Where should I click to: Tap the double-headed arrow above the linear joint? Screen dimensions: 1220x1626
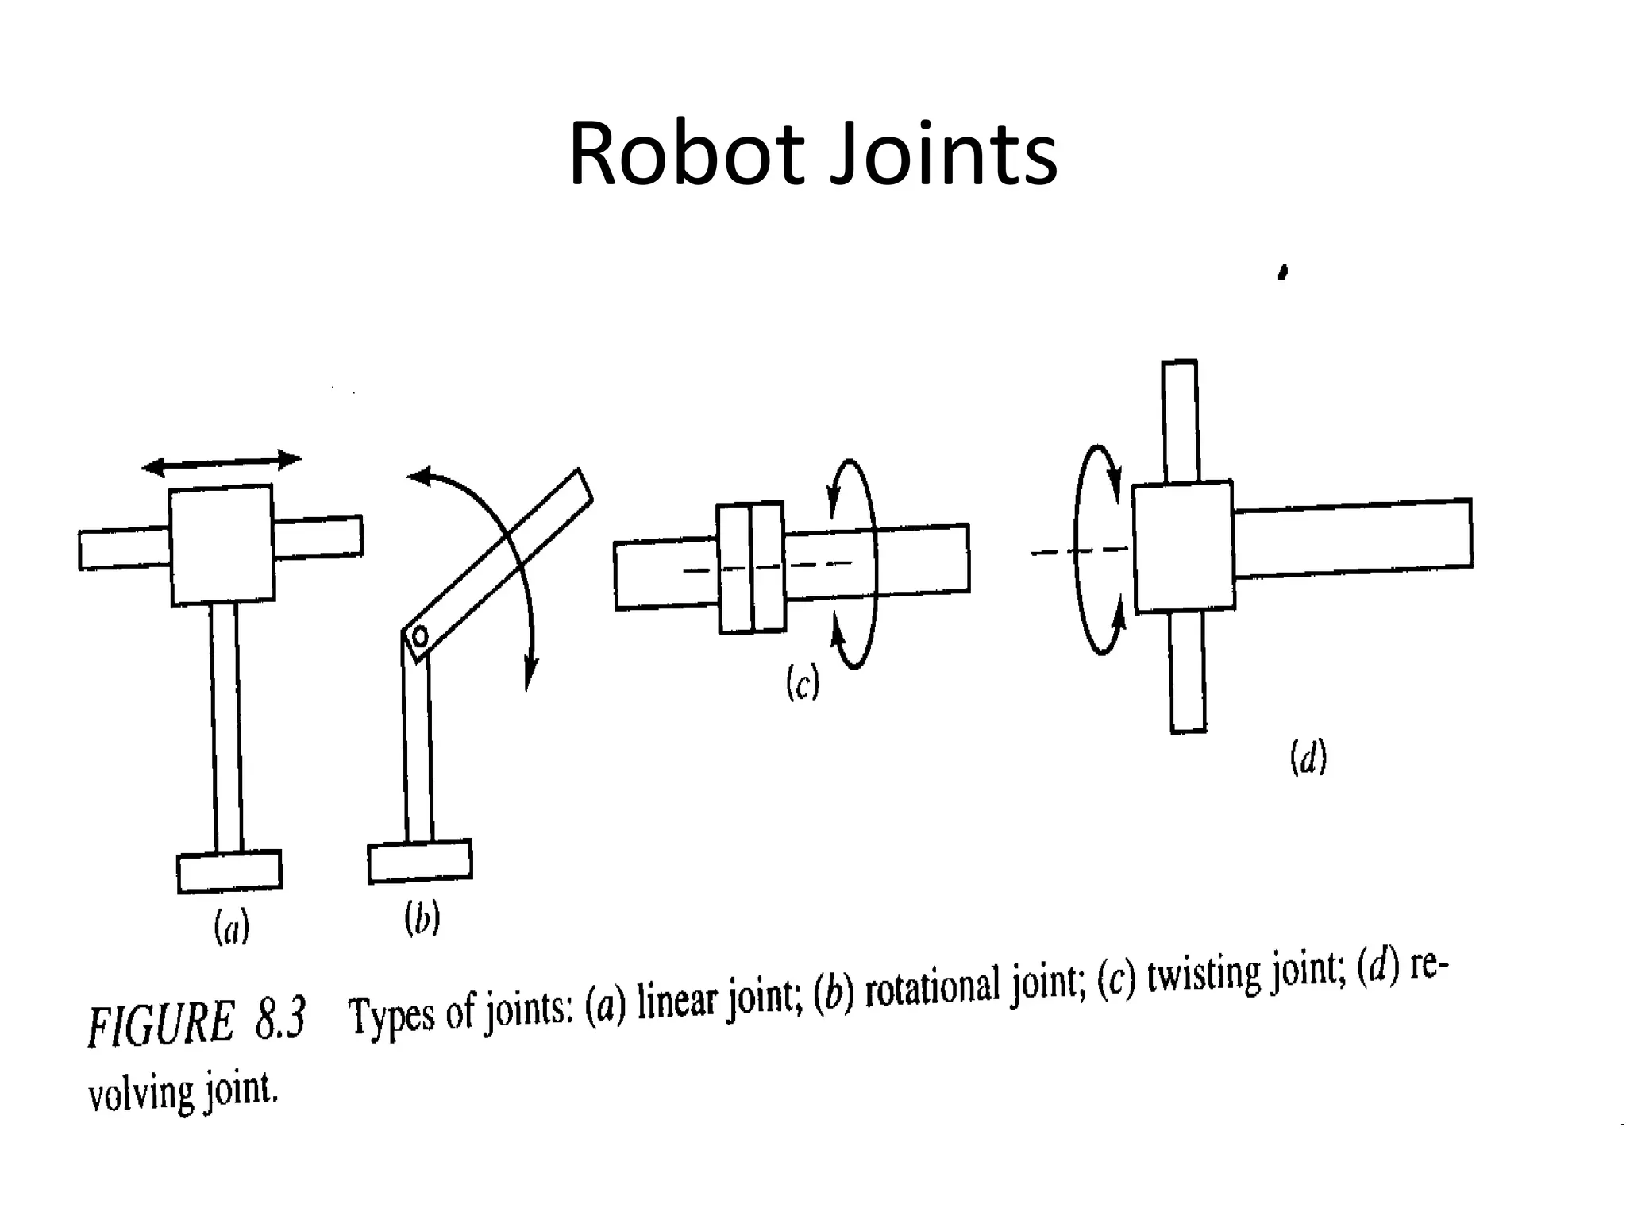point(222,462)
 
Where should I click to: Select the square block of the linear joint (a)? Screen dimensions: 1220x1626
point(222,545)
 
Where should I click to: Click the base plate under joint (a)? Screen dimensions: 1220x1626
point(229,871)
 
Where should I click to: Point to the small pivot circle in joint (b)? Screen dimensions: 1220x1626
point(420,635)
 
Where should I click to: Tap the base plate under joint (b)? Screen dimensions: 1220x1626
point(420,861)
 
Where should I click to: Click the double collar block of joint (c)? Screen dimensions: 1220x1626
point(751,567)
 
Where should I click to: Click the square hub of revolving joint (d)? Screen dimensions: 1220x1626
point(1184,546)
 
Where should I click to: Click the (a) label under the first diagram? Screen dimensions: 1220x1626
point(232,927)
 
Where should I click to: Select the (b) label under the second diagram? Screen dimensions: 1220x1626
point(422,919)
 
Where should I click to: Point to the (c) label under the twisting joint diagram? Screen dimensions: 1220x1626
point(803,683)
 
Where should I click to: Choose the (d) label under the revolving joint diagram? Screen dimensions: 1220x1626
point(1308,757)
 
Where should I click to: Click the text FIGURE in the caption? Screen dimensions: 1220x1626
point(162,1024)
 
